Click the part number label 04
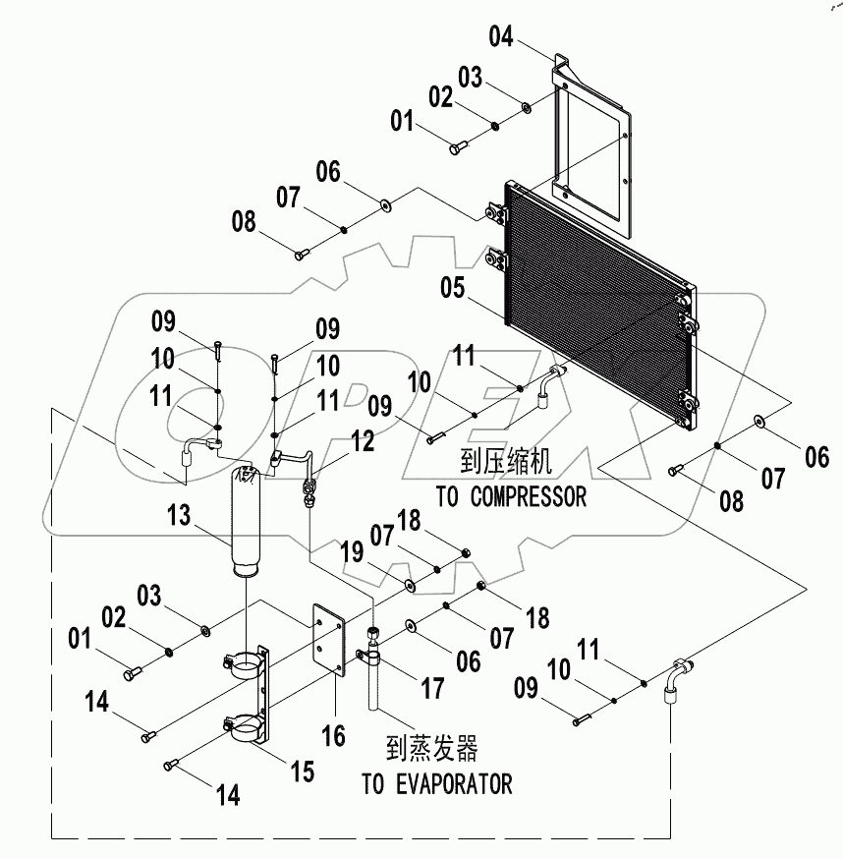pos(500,39)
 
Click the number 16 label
pos(334,735)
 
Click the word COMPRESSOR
pos(526,496)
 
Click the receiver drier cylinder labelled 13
pos(248,521)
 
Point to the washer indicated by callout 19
pos(408,586)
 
